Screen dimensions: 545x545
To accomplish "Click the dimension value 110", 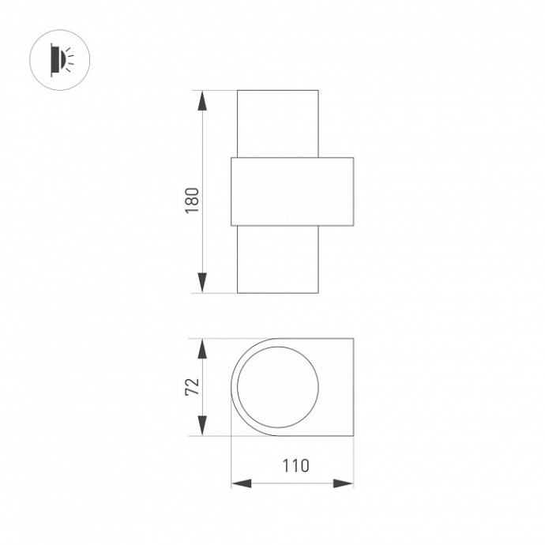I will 292,465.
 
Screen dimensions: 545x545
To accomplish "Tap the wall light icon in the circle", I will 60,58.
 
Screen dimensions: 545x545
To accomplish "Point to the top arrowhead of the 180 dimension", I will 203,101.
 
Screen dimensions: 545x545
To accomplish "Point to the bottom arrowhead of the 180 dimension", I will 203,282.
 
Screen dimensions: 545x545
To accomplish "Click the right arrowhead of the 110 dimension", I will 344,483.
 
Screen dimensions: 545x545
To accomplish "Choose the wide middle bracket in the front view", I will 292,192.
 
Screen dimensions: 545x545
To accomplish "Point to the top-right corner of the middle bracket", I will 353,158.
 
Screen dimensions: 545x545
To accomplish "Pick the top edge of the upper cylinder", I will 277,91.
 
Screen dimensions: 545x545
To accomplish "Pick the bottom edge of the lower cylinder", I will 277,292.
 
